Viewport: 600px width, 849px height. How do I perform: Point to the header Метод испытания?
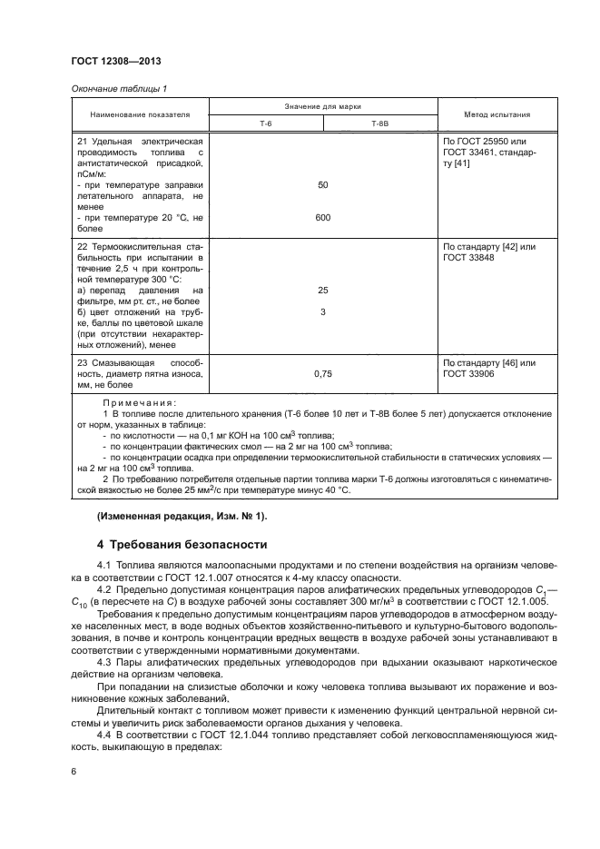[x=497, y=115]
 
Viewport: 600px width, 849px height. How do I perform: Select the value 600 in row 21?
[x=323, y=217]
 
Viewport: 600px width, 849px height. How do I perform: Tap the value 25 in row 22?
[x=323, y=291]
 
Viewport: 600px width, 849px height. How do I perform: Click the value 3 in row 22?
[x=323, y=312]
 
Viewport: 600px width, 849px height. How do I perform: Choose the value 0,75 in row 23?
[x=323, y=373]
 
